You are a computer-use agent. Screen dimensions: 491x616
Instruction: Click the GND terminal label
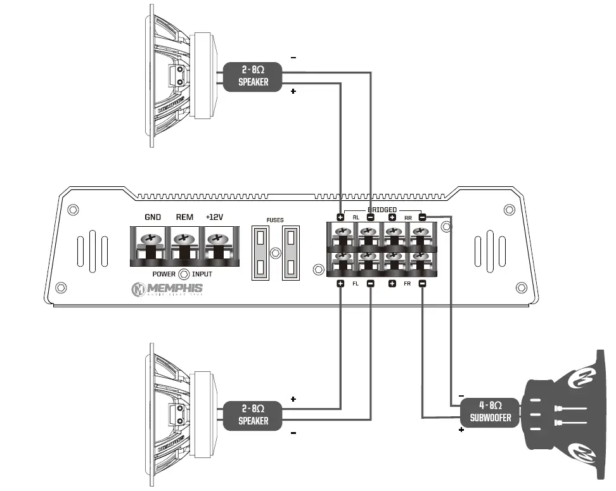click(x=153, y=217)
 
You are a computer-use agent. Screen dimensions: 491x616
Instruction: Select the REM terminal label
click(x=184, y=217)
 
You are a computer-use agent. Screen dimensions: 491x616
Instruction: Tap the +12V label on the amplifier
click(x=215, y=217)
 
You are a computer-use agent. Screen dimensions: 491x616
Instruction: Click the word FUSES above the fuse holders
click(x=275, y=220)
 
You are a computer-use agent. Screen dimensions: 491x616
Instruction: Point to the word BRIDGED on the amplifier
click(x=382, y=210)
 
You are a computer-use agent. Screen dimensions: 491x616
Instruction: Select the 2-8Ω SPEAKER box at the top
click(x=253, y=77)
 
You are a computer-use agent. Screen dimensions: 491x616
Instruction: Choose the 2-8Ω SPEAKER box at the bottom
click(x=253, y=416)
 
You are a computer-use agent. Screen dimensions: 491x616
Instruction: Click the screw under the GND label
click(x=151, y=239)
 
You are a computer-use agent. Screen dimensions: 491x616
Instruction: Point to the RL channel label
click(x=356, y=218)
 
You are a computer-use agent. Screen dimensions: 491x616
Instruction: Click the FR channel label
click(x=407, y=284)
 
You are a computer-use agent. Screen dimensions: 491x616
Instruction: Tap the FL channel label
click(x=356, y=284)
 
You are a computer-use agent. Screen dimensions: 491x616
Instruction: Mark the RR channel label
click(x=408, y=218)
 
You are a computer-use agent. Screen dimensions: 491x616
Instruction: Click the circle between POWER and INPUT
click(x=184, y=274)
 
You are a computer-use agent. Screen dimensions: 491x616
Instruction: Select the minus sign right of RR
click(x=423, y=217)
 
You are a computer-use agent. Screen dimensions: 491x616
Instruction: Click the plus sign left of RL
click(x=340, y=217)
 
